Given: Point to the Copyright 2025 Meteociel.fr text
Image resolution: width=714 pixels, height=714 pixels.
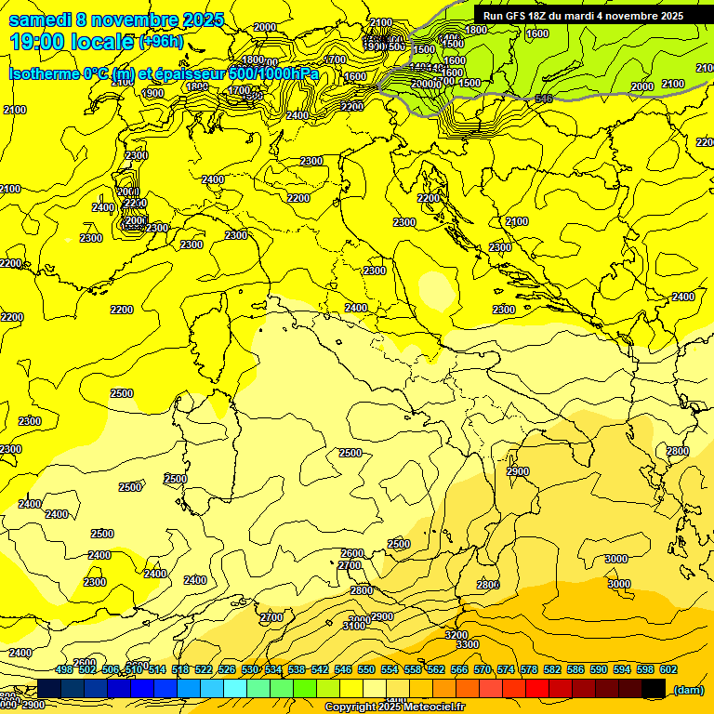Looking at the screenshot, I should pos(394,707).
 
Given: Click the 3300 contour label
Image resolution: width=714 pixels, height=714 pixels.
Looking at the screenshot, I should pos(468,644).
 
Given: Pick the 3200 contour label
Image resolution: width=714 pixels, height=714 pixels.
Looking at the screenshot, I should pos(456,634).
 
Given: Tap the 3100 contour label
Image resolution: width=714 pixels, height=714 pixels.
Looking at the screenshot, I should pos(353,627).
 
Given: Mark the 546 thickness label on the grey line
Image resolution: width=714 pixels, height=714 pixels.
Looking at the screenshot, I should pos(545,99).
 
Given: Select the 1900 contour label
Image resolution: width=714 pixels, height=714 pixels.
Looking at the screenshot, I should pos(152,93).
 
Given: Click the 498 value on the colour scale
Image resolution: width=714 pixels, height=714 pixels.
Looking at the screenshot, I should pos(64,669).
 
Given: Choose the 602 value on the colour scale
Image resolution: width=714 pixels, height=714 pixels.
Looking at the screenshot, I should pos(668,669).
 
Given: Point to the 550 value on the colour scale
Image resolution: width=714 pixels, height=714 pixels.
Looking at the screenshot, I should pos(366,669).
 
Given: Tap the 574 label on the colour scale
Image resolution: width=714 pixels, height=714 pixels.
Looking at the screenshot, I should pos(506,669).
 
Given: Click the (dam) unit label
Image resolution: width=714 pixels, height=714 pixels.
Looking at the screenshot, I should pos(688,690).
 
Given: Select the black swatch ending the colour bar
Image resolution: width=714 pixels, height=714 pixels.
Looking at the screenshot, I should pos(654,688).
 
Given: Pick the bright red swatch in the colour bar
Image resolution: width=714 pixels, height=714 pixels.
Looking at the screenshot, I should pos(538,688).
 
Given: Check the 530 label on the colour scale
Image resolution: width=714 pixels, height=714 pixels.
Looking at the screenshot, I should pos(250,669).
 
